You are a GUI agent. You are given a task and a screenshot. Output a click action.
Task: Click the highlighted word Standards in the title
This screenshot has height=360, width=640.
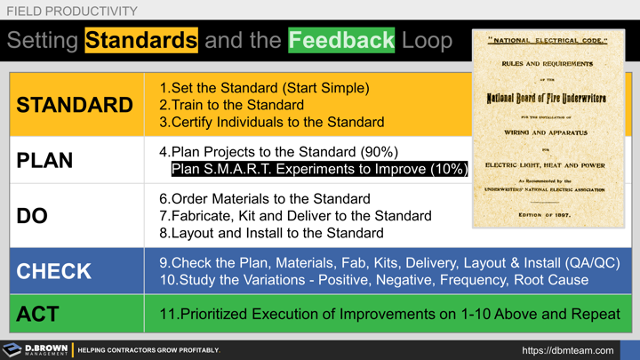[141, 40]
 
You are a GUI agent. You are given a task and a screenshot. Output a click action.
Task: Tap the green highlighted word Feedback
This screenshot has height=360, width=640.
[340, 40]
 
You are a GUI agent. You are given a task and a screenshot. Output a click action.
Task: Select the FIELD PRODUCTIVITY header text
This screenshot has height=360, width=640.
[72, 12]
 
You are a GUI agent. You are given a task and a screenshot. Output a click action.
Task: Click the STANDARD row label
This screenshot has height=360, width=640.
[75, 105]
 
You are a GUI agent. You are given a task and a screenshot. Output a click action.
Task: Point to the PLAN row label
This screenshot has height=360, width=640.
[44, 161]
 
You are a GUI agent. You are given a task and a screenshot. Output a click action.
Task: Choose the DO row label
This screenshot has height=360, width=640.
[32, 216]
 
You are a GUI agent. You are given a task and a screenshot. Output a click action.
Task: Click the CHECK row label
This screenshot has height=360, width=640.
[53, 271]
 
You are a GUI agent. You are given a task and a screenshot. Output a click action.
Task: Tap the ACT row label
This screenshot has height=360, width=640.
[38, 314]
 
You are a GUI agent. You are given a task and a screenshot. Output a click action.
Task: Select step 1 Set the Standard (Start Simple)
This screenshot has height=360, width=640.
[264, 88]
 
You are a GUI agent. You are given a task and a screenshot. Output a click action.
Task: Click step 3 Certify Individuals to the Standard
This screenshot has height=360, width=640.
[271, 122]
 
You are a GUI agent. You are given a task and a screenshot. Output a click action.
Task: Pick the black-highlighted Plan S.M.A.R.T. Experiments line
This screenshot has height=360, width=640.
[318, 170]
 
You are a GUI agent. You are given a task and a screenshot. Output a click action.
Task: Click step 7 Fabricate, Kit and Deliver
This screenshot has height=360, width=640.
[295, 216]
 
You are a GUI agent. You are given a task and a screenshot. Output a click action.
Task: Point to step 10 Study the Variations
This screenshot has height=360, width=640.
[373, 280]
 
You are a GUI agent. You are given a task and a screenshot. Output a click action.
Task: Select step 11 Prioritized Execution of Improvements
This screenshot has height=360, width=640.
[389, 314]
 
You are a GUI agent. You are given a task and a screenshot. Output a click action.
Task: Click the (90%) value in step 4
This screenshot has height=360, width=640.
[374, 152]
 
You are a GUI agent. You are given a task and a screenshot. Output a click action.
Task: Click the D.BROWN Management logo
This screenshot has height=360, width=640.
[36, 350]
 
